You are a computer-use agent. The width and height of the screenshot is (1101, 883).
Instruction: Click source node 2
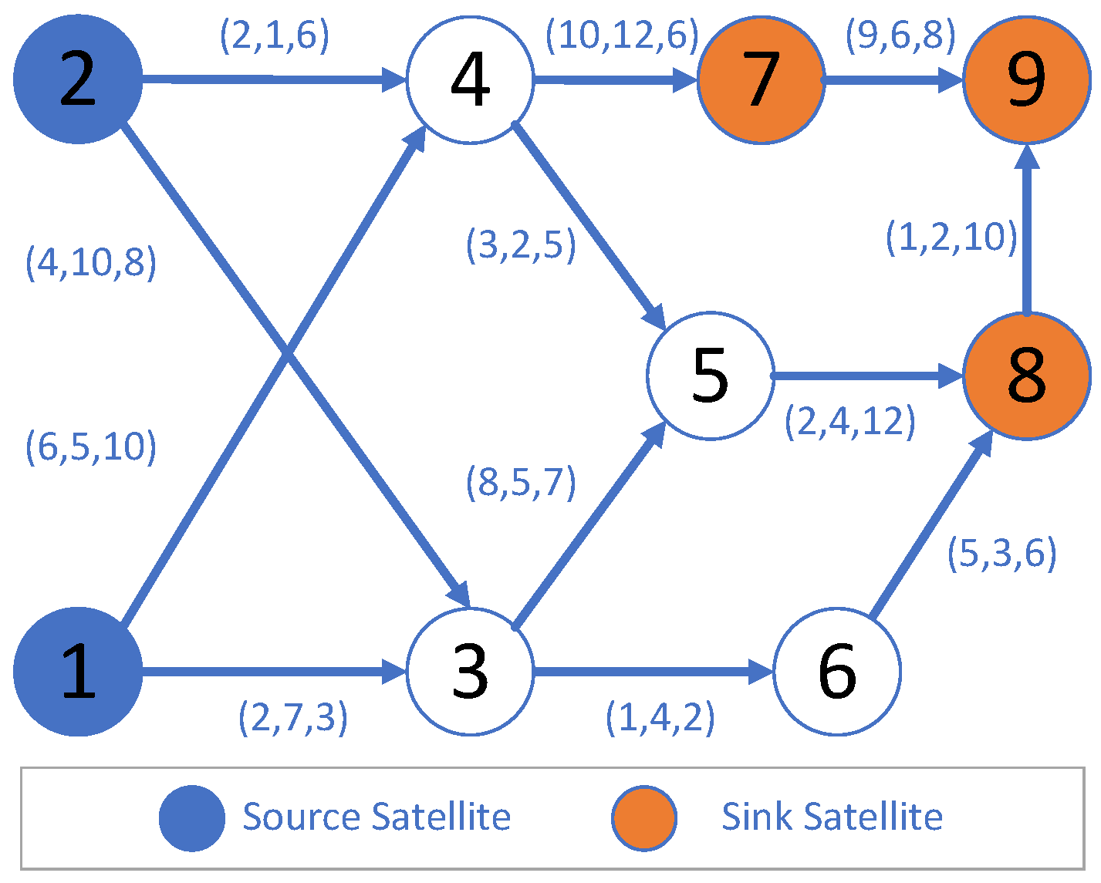[78, 79]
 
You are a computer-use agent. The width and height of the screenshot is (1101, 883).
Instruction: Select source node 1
[78, 672]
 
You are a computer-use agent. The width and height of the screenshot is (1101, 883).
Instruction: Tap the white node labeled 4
[470, 79]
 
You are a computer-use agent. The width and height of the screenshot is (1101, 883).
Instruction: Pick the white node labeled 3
[470, 672]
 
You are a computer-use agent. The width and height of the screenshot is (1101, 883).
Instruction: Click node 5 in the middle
[710, 376]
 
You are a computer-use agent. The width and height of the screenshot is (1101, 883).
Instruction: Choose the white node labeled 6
[836, 672]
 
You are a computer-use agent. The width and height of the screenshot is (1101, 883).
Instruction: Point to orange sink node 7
[761, 79]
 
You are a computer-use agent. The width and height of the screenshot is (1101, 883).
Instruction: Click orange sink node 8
[1026, 376]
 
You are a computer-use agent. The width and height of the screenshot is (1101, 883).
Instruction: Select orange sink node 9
[1026, 79]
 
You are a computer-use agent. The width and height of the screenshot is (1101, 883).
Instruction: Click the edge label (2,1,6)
[275, 35]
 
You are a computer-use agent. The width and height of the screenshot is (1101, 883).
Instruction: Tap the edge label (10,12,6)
[622, 35]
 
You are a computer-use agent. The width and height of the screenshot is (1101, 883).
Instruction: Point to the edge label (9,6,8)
[900, 35]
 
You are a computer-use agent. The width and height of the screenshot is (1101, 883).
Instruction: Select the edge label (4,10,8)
[91, 262]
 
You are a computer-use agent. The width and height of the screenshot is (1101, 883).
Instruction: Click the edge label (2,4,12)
[849, 422]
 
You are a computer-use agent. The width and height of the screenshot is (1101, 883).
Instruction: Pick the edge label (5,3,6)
[1001, 553]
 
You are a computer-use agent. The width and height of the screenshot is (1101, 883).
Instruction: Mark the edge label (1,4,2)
[660, 717]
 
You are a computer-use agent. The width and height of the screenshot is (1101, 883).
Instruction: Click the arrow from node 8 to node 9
[1026, 231]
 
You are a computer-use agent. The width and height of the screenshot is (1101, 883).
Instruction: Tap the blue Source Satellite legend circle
[192, 818]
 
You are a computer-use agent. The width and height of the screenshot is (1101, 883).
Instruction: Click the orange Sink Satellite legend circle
[644, 818]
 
